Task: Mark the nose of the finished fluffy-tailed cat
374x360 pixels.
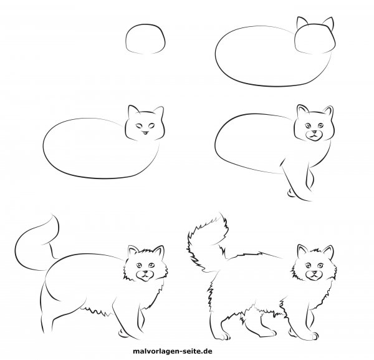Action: (x=312, y=273)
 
